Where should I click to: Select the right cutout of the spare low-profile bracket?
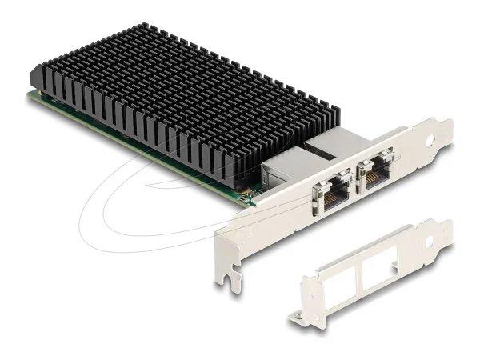point(380,270)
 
